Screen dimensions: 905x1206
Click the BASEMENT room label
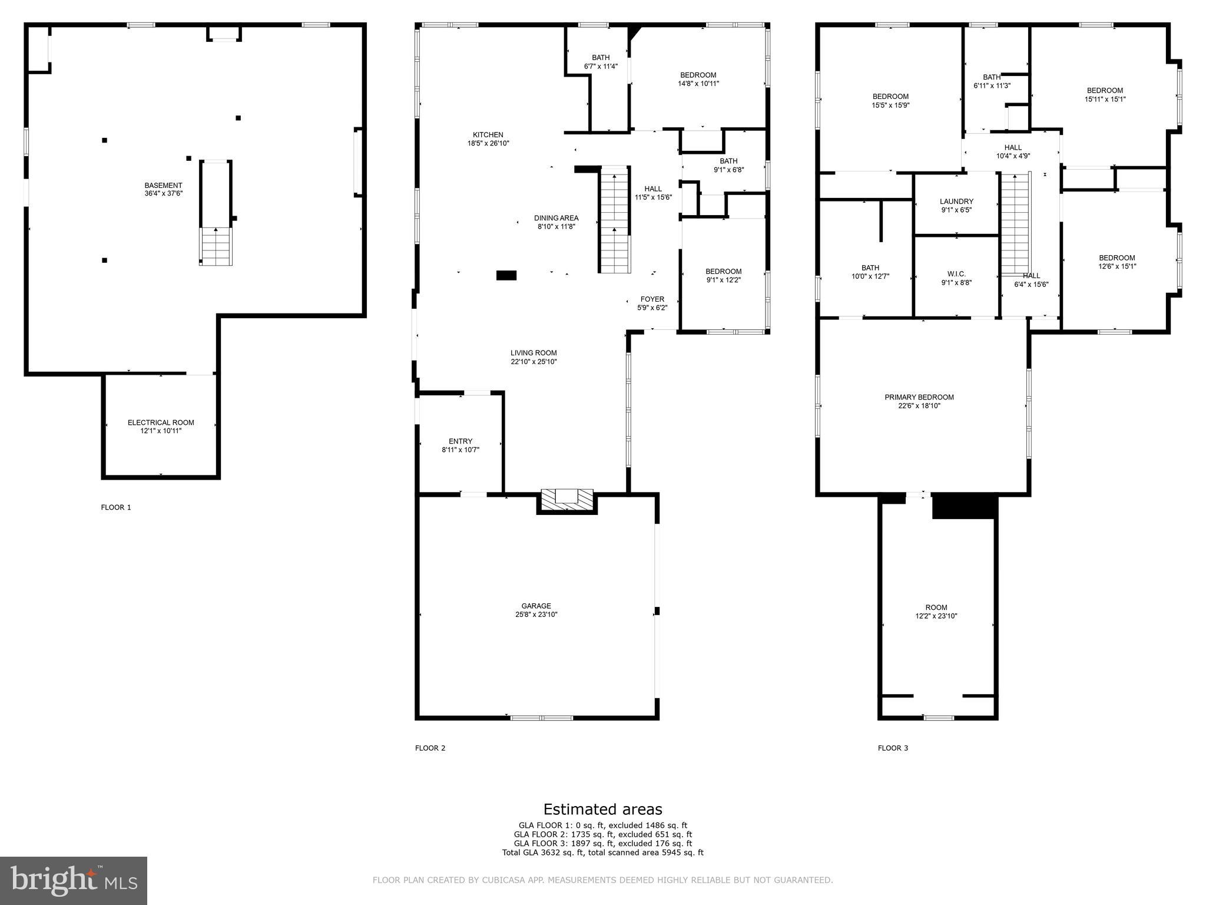point(163,186)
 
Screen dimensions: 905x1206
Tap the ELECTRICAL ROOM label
point(161,422)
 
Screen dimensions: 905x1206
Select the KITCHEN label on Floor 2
point(488,135)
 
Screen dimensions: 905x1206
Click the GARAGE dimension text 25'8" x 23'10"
point(536,615)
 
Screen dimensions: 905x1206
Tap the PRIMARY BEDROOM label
point(919,397)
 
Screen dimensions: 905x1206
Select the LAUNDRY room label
point(956,202)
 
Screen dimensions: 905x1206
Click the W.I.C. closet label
point(956,274)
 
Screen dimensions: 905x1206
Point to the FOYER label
point(652,299)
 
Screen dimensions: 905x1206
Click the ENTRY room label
point(460,441)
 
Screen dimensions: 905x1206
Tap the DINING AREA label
point(556,218)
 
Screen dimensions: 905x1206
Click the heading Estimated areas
point(602,809)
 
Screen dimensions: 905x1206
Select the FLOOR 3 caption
point(893,748)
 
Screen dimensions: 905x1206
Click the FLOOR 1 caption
point(116,507)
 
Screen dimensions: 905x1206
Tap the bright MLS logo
point(74,880)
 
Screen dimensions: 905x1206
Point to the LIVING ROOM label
point(533,353)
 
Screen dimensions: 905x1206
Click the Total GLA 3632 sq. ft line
point(602,853)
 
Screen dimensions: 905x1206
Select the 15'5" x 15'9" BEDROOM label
point(890,101)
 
